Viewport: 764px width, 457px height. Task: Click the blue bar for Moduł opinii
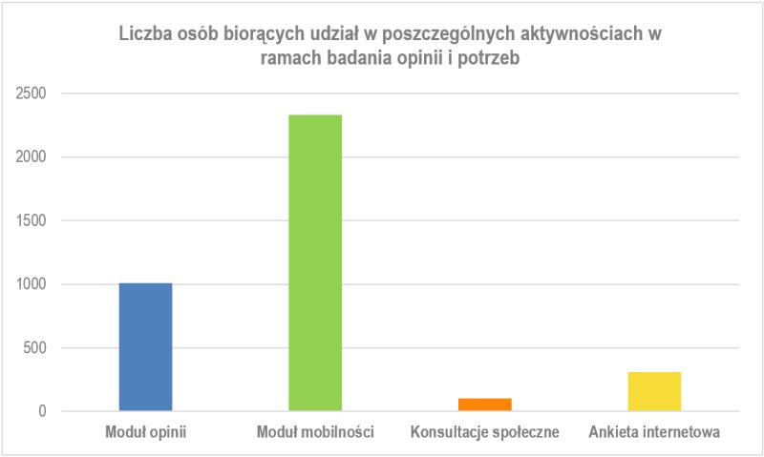[x=145, y=347]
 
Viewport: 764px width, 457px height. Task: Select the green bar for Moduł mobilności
[x=315, y=263]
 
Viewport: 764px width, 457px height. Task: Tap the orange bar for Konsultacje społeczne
[x=485, y=405]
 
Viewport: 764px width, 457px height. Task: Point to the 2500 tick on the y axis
[x=34, y=93]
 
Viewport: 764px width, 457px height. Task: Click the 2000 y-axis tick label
[x=34, y=157]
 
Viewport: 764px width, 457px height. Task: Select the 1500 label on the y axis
[x=34, y=220]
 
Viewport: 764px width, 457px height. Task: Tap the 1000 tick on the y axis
[x=34, y=284]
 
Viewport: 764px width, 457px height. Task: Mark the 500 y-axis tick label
[x=39, y=348]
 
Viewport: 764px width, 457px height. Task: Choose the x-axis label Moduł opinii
[x=145, y=433]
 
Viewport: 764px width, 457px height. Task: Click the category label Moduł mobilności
[x=315, y=433]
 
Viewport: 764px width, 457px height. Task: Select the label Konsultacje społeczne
[x=484, y=433]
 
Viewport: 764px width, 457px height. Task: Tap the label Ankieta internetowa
[x=654, y=433]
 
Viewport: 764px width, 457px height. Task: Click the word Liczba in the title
[x=142, y=34]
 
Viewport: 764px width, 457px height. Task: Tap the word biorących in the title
[x=253, y=34]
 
